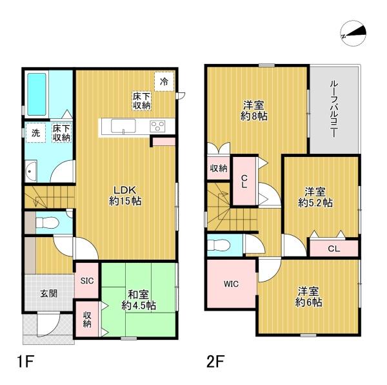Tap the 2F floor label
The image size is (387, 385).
point(214,360)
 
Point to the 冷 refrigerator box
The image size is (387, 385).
point(164,81)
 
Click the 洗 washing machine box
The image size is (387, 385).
point(35,134)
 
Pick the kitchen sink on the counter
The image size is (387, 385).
point(123,125)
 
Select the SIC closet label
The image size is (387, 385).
point(87,280)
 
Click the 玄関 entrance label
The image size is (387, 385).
point(48,293)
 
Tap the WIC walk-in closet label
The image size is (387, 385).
point(232,284)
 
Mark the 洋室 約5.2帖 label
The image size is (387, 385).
point(319,196)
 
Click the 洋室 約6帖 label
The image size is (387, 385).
point(309,297)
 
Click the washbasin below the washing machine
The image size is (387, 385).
point(31,172)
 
